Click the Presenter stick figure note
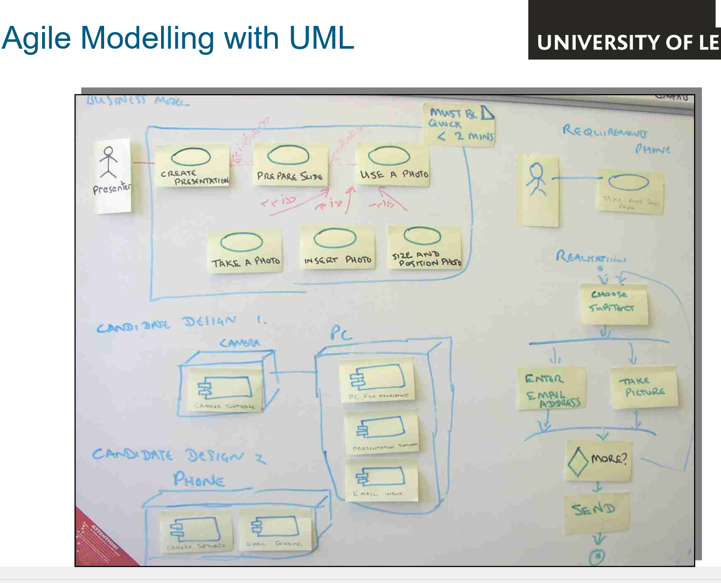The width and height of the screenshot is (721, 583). coord(112,176)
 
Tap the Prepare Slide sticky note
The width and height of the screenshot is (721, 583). coord(290,165)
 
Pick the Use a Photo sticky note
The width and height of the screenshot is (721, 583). coord(393,165)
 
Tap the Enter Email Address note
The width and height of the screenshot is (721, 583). coord(552,388)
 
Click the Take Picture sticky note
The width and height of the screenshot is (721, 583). coord(644,387)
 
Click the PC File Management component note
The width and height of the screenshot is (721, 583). coord(377,381)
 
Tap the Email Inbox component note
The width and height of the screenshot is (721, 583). coord(381,481)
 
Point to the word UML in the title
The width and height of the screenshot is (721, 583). coord(321,38)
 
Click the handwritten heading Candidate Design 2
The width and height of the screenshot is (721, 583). coord(179,456)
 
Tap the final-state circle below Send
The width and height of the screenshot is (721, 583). coord(598,557)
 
